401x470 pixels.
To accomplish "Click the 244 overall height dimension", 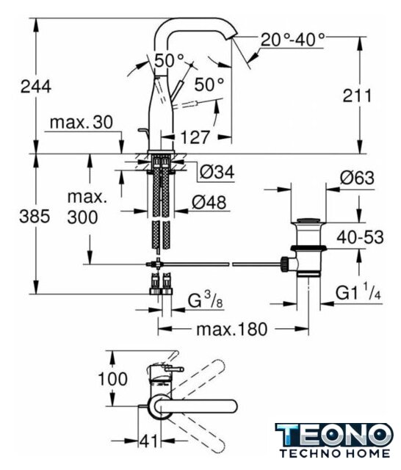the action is (x=36, y=87).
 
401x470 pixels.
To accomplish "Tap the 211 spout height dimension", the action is (x=357, y=96).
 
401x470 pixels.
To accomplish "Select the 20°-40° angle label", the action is (x=292, y=39).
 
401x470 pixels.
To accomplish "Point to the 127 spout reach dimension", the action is (x=195, y=137).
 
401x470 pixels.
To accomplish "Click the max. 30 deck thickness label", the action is (x=82, y=122).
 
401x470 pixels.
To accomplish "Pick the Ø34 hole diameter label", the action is (x=217, y=172).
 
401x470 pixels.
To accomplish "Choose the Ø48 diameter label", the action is (x=209, y=203).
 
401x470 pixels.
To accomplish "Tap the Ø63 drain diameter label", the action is (x=357, y=178).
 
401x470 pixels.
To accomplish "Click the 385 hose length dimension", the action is (x=35, y=216).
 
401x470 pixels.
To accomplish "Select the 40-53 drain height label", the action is (x=360, y=237).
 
